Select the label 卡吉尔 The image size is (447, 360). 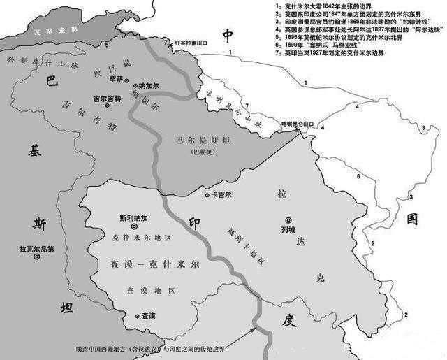(x=221, y=194)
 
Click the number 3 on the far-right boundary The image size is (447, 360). (x=422, y=128)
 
